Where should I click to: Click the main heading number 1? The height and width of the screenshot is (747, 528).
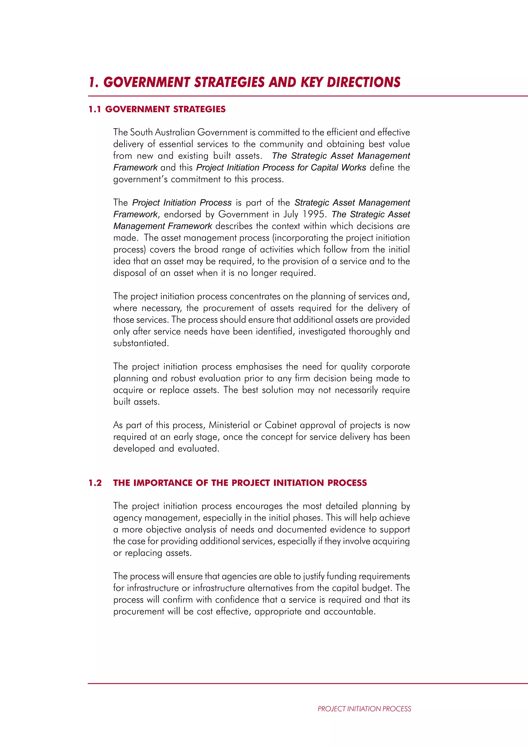pyautogui.click(x=93, y=82)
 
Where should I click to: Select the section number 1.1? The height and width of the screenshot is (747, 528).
pyautogui.click(x=94, y=109)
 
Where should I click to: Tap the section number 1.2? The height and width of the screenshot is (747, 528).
pyautogui.click(x=95, y=483)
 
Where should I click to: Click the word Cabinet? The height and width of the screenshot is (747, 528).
pyautogui.click(x=280, y=425)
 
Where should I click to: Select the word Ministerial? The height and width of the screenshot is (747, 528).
pyautogui.click(x=229, y=425)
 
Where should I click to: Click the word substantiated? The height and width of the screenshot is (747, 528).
pyautogui.click(x=141, y=343)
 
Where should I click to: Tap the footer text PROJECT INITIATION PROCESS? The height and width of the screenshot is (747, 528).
pyautogui.click(x=364, y=709)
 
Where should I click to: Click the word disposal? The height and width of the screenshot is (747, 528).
pyautogui.click(x=129, y=273)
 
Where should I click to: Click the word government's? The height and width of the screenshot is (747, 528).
pyautogui.click(x=140, y=179)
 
